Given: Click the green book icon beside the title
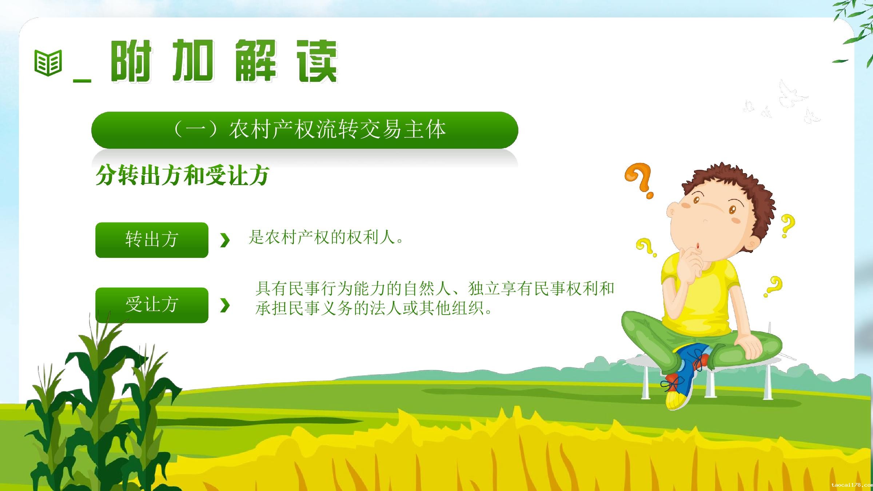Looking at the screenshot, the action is tap(48, 63).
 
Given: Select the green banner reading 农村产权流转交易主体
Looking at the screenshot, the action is tap(305, 130).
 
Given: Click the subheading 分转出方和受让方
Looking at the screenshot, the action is tap(182, 175).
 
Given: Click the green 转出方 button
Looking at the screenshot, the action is tap(152, 240).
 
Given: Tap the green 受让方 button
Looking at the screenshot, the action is tap(152, 305).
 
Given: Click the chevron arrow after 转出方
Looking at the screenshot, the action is tap(225, 240).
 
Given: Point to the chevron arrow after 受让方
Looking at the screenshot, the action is tap(225, 306).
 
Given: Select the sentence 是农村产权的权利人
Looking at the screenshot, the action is tap(326, 237).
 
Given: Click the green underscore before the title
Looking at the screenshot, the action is tap(82, 80).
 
